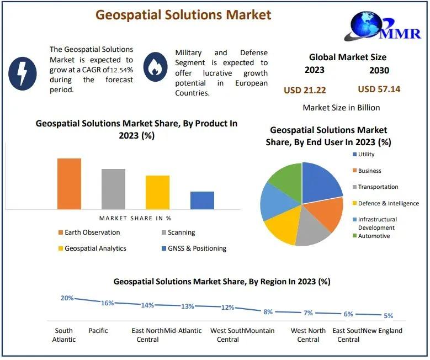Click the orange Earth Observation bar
click(x=69, y=184)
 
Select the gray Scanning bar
click(x=113, y=189)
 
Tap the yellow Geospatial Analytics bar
click(x=157, y=192)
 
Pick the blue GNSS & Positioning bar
click(x=202, y=200)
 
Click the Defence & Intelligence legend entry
click(x=386, y=203)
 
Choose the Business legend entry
click(x=367, y=171)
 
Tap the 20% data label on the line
click(x=67, y=298)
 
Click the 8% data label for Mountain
click(x=268, y=312)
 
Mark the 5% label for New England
click(x=388, y=315)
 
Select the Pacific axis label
click(x=98, y=331)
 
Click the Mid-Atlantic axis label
click(x=183, y=331)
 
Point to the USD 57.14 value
click(x=379, y=89)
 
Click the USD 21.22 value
click(x=305, y=90)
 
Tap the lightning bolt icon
click(x=23, y=73)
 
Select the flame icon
click(x=155, y=67)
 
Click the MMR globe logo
click(x=383, y=26)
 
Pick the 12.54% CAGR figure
click(x=121, y=70)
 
